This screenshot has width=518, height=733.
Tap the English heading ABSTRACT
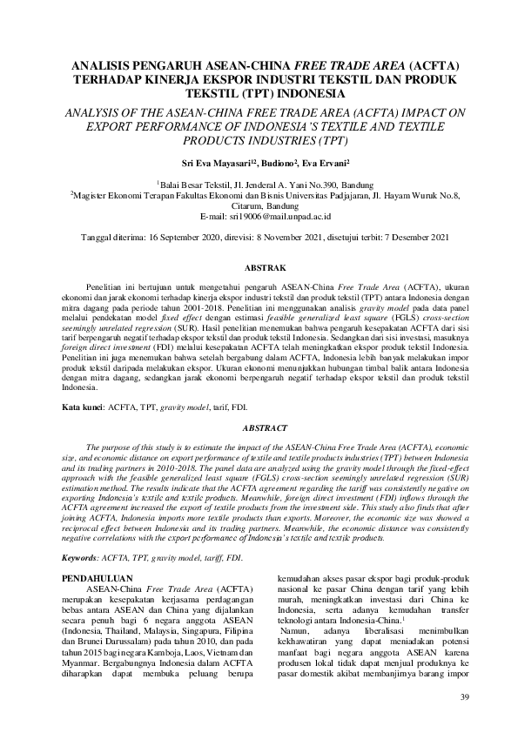[x=259, y=428]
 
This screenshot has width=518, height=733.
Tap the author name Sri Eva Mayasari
[x=223, y=163]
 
